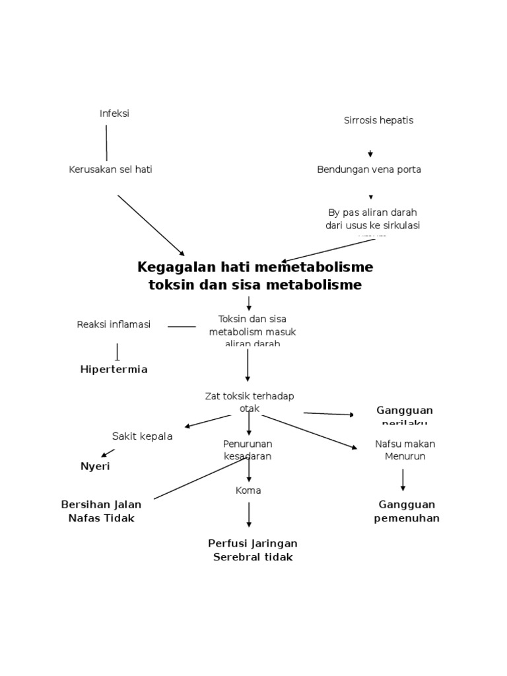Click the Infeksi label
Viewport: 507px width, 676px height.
coord(114,114)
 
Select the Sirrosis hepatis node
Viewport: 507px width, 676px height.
coord(378,120)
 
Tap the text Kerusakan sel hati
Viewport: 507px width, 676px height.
coord(110,170)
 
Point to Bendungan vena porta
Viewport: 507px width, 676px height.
coord(369,170)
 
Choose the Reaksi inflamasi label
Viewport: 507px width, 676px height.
coord(114,324)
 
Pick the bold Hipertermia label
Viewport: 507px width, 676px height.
coord(114,369)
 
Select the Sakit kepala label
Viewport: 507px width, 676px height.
coord(142,436)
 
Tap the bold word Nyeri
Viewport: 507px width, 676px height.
coord(95,467)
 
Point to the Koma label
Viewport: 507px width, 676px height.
coord(248,490)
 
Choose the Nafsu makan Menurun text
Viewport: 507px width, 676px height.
coord(405,450)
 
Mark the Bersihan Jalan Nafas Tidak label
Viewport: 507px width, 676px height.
coord(101,512)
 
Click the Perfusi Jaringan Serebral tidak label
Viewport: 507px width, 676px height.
coord(253,550)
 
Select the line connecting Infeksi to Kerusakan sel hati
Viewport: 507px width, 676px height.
coord(106,143)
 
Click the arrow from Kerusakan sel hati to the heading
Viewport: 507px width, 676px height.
coord(151,225)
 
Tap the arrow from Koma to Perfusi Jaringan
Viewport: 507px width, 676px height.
coord(249,514)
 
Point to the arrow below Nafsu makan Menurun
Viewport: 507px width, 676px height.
coord(403,480)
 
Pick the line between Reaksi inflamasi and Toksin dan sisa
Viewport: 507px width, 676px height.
coord(182,326)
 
